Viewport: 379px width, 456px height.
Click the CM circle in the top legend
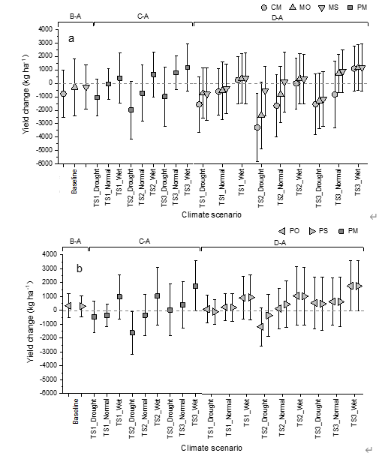pos(264,7)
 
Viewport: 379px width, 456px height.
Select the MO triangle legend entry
pos(299,7)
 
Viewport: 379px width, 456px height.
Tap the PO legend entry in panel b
pos(289,231)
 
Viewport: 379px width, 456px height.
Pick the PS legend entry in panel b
pos(318,231)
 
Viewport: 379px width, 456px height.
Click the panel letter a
pos(71,39)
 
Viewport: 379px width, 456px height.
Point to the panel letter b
pos(79,268)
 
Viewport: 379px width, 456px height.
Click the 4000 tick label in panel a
pos(45,29)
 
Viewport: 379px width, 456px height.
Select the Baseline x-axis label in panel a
pos(74,181)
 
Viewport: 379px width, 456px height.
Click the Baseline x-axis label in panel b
pos(75,411)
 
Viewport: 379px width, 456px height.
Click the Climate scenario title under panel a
pos(212,214)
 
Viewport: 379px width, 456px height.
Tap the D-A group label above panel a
pos(277,18)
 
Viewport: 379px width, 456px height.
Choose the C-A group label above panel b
pos(144,241)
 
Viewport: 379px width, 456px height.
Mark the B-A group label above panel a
pos(75,16)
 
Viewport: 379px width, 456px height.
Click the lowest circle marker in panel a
pos(257,127)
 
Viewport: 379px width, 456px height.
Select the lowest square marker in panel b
pos(132,332)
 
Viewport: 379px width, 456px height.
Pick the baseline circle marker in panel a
pos(63,94)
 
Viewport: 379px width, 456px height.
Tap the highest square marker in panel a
pos(188,67)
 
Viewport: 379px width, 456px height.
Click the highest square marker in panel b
pos(196,286)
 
